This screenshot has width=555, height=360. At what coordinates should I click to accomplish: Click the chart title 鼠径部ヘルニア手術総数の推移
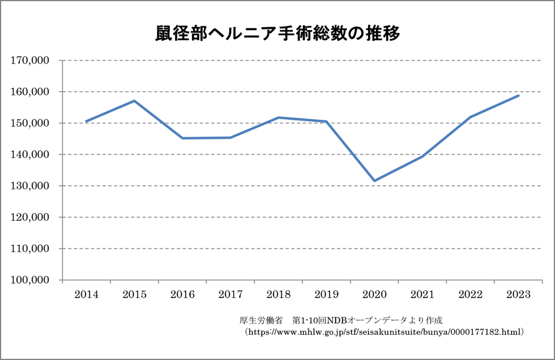[277, 34]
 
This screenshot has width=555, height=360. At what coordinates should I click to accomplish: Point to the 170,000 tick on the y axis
[30, 61]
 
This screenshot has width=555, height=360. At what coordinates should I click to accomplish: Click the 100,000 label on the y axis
[30, 280]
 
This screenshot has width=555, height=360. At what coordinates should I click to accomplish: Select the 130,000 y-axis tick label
[30, 186]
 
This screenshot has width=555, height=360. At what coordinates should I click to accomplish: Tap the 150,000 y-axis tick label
[30, 123]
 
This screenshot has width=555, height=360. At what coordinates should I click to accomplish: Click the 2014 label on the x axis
[86, 294]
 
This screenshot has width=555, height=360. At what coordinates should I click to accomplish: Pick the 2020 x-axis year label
[374, 294]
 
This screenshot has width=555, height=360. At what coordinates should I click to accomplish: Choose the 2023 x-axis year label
[518, 294]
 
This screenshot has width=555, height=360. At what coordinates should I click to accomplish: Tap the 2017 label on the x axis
[230, 294]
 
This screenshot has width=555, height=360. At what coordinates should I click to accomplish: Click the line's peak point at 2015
[134, 100]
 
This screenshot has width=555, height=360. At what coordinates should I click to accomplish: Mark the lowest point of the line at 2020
[374, 181]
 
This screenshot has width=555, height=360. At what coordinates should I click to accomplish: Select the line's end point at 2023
[518, 96]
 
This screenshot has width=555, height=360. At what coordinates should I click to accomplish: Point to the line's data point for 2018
[278, 117]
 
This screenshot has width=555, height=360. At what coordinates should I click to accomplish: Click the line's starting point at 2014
[86, 121]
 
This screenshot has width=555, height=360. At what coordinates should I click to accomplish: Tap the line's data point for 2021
[422, 156]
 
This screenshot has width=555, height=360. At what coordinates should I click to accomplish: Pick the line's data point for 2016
[182, 138]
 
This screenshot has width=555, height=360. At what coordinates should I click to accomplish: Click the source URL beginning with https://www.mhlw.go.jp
[385, 331]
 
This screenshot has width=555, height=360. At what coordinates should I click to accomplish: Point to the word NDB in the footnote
[335, 319]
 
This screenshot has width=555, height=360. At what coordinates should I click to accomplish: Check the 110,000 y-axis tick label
[30, 249]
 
